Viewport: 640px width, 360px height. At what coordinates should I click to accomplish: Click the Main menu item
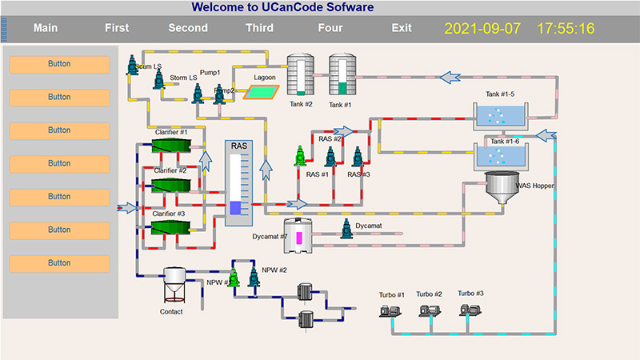(46, 28)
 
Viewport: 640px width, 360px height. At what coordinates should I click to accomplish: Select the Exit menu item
(402, 28)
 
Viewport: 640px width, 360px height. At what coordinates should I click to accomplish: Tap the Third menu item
(259, 28)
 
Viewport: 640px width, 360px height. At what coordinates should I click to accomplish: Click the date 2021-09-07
(482, 29)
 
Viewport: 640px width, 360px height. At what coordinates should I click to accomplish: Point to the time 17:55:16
(566, 29)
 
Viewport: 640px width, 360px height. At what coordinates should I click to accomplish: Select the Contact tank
(174, 286)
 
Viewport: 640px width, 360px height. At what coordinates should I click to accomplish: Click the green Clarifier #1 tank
(171, 145)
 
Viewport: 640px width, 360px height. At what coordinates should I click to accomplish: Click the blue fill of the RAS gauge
(235, 208)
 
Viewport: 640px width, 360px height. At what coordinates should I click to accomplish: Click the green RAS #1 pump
(299, 158)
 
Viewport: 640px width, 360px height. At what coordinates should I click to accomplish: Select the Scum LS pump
(133, 66)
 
